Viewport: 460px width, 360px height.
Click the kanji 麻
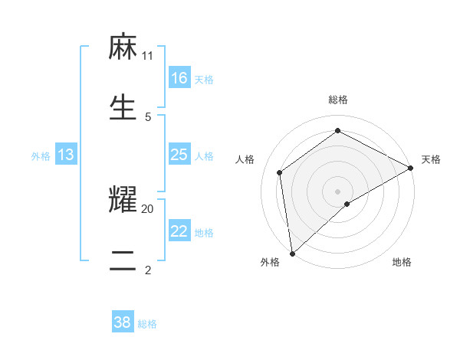pyautogui.click(x=123, y=48)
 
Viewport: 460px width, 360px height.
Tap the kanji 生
pyautogui.click(x=123, y=106)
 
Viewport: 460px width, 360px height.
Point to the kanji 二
pyautogui.click(x=123, y=259)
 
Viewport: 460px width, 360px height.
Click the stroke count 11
pyautogui.click(x=148, y=56)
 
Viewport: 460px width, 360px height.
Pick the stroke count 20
pyautogui.click(x=148, y=208)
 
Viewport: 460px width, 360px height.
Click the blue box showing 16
pyautogui.click(x=179, y=78)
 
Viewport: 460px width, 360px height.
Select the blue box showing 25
pyautogui.click(x=179, y=155)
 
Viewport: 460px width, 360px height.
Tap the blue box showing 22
pyautogui.click(x=179, y=231)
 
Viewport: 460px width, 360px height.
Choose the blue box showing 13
pyautogui.click(x=66, y=155)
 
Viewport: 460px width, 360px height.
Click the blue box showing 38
pyautogui.click(x=123, y=322)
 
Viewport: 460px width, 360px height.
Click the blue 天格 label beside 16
pyautogui.click(x=204, y=79)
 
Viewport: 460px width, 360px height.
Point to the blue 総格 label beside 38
pyautogui.click(x=147, y=324)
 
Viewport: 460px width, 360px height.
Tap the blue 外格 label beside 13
pyautogui.click(x=41, y=156)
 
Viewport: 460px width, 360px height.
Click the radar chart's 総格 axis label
pyautogui.click(x=338, y=100)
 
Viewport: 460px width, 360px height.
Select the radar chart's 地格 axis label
pyautogui.click(x=402, y=263)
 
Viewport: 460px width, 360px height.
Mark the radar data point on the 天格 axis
pyautogui.click(x=410, y=168)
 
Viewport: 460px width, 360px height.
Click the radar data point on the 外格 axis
pyautogui.click(x=292, y=254)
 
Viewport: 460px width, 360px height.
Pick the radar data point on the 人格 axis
pyautogui.click(x=280, y=172)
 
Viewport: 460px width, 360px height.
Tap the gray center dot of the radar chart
pyautogui.click(x=338, y=191)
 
